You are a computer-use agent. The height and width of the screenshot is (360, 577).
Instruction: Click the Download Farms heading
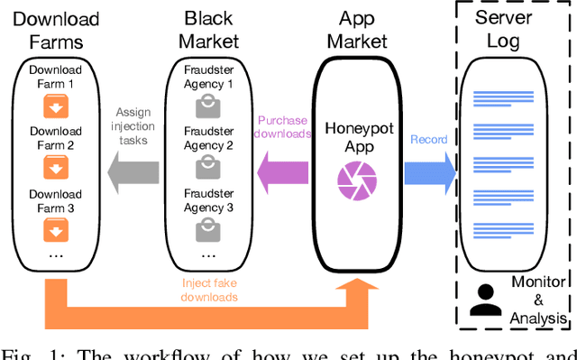coord(54,30)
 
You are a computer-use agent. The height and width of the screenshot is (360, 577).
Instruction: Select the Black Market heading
coord(208,30)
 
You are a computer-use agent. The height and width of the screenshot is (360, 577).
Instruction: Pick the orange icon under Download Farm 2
coord(54,169)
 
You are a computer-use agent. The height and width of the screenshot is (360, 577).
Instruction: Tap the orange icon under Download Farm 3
coord(54,232)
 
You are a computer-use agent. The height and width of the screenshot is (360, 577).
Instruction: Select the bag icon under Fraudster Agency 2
coord(208,167)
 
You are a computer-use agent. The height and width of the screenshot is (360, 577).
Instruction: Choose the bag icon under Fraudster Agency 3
coord(208,230)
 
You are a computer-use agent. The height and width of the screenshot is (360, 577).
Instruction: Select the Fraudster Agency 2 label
coord(208,136)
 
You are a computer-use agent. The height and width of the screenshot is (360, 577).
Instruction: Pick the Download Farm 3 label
coord(54,200)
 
